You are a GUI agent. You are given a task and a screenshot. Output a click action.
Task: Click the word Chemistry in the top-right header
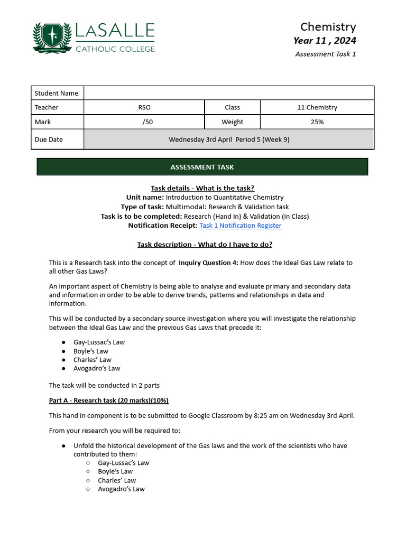click(328, 27)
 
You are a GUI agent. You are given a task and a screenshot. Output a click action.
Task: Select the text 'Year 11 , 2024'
click(325, 41)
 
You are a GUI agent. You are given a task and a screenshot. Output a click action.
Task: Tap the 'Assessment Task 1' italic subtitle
click(325, 54)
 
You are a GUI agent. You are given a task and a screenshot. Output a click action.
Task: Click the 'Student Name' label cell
click(57, 93)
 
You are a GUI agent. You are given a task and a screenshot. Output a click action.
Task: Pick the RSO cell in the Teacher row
click(144, 107)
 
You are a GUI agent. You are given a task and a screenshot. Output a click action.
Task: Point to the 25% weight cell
click(317, 122)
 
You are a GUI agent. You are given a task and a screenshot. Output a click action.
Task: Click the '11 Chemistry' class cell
click(317, 107)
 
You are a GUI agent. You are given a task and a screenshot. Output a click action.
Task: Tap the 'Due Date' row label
click(49, 139)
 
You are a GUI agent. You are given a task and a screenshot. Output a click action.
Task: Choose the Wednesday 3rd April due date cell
click(229, 139)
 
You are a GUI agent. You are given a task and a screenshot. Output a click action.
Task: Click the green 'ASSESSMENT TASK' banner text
click(202, 167)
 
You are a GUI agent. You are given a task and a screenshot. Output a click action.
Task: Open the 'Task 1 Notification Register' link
click(240, 226)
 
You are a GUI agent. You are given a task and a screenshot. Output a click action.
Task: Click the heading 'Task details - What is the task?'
click(202, 188)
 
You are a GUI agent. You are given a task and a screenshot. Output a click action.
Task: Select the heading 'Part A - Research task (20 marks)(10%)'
click(109, 400)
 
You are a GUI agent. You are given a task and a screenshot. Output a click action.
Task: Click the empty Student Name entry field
click(229, 93)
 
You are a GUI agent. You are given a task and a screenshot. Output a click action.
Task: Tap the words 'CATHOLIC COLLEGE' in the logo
click(115, 49)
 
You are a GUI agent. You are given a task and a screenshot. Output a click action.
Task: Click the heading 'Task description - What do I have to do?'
click(205, 245)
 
